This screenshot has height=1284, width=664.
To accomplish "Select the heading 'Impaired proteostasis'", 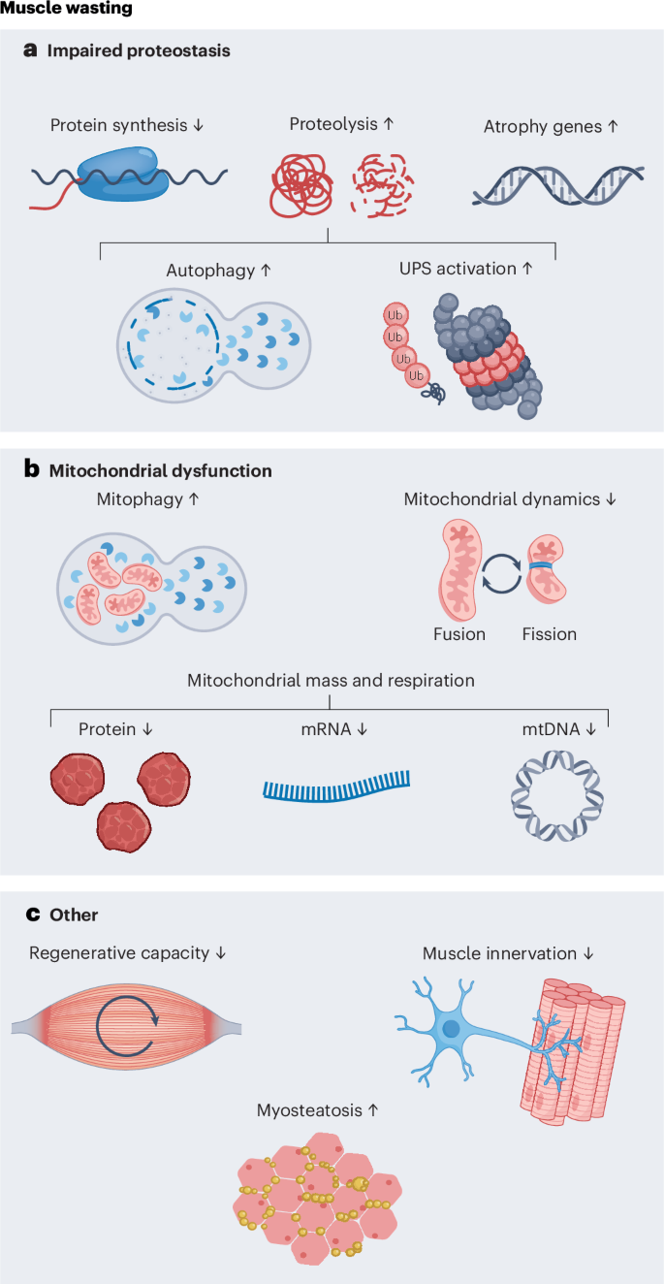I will pos(139,50).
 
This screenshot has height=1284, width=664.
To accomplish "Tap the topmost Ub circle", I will pos(395,315).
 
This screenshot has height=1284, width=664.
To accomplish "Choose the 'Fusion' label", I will pos(458,634).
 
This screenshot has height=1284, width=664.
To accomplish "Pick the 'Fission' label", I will pos(549,634).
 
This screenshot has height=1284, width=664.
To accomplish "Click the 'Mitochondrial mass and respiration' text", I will pos(331,680).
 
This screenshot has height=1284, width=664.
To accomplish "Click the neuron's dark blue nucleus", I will pos(452,1028).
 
